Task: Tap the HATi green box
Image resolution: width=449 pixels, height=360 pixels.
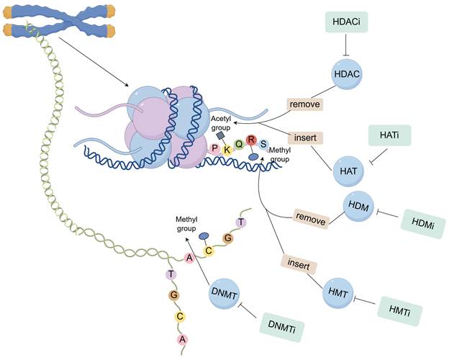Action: tap(389, 135)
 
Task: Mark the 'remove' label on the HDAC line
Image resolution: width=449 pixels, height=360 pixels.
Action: tap(304, 104)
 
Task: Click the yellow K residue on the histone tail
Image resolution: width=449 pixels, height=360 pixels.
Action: tap(227, 149)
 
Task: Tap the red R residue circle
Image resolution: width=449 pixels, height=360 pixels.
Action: tap(251, 140)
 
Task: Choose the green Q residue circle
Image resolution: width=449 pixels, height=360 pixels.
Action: tap(239, 144)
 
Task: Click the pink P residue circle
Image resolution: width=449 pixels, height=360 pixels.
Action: tap(215, 148)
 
